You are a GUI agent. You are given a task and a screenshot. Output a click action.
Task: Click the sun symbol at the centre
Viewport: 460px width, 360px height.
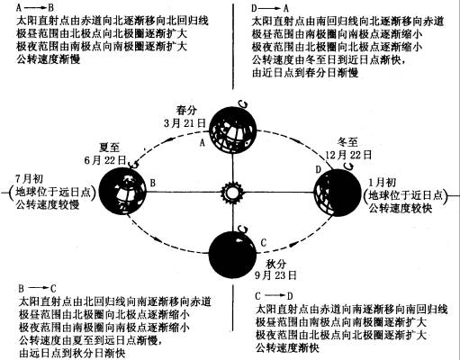231,193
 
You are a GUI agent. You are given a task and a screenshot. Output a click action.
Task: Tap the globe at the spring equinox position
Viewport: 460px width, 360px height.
232,130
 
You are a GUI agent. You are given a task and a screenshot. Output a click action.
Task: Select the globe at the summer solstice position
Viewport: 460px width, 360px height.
122,191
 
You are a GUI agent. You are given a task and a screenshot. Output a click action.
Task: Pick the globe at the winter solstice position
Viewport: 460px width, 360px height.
338,193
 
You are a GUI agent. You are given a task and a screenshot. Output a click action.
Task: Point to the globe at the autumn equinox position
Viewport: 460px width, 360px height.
232,255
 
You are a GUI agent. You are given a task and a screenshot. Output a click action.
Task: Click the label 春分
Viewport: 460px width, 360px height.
186,110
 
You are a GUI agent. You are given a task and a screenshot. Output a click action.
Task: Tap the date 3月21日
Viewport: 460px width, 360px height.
185,123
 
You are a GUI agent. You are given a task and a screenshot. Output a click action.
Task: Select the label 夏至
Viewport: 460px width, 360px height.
109,148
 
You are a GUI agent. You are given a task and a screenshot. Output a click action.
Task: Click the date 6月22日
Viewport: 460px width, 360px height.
105,160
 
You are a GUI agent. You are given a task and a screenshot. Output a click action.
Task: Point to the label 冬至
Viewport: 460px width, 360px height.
347,142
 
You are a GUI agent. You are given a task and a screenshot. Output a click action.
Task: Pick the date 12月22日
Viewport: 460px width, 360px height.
349,155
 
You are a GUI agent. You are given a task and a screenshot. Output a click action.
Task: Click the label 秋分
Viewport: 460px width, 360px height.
275,264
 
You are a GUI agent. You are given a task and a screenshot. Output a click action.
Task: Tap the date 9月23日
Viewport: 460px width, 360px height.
275,275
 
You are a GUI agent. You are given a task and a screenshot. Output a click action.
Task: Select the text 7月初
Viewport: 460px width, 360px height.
29,179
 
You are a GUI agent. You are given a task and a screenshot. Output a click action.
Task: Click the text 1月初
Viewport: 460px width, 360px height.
383,183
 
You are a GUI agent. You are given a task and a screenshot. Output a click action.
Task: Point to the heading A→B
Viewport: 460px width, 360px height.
35,7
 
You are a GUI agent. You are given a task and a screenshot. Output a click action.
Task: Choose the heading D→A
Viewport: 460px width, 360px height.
270,8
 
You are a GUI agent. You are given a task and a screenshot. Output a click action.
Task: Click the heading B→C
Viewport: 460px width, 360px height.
37,289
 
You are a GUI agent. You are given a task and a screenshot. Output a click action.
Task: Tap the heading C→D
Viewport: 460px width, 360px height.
274,296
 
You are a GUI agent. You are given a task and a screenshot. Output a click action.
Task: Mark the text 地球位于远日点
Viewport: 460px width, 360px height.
53,192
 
